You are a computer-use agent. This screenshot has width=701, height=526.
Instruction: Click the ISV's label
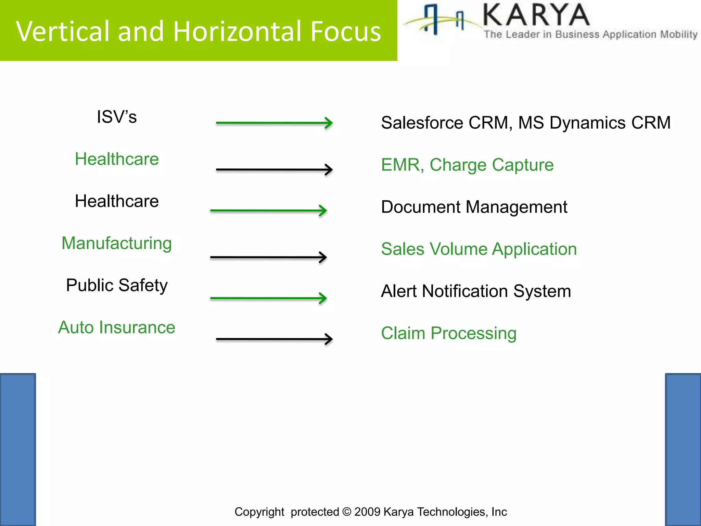coord(117,117)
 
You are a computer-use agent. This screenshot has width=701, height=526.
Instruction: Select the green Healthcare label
coord(117,159)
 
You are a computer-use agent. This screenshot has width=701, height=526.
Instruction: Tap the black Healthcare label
coord(117,201)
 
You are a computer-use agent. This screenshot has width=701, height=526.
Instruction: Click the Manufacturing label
coord(117,243)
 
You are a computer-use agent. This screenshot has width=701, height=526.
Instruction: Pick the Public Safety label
coord(117,286)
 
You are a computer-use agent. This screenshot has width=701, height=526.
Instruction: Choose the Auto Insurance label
coord(117,327)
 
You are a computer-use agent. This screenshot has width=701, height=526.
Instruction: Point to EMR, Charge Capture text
coord(467,165)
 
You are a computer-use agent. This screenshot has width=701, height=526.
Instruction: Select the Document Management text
coord(474,207)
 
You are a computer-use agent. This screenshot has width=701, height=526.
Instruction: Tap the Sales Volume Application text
coord(479,249)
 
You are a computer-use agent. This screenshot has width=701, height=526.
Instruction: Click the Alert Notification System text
coord(476,291)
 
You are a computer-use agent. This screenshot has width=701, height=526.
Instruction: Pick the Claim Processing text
coord(449,333)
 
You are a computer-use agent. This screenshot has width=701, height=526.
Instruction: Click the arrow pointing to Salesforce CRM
coord(274,123)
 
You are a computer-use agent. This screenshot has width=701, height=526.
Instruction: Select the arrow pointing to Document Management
coord(268,210)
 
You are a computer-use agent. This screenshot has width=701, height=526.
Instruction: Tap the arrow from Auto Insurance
coord(274,339)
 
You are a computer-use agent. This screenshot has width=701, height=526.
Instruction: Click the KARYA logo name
coord(536,15)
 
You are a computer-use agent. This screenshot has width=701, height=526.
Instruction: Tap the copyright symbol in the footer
coord(346,512)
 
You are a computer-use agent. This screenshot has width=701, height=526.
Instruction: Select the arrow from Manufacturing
coord(268,257)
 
